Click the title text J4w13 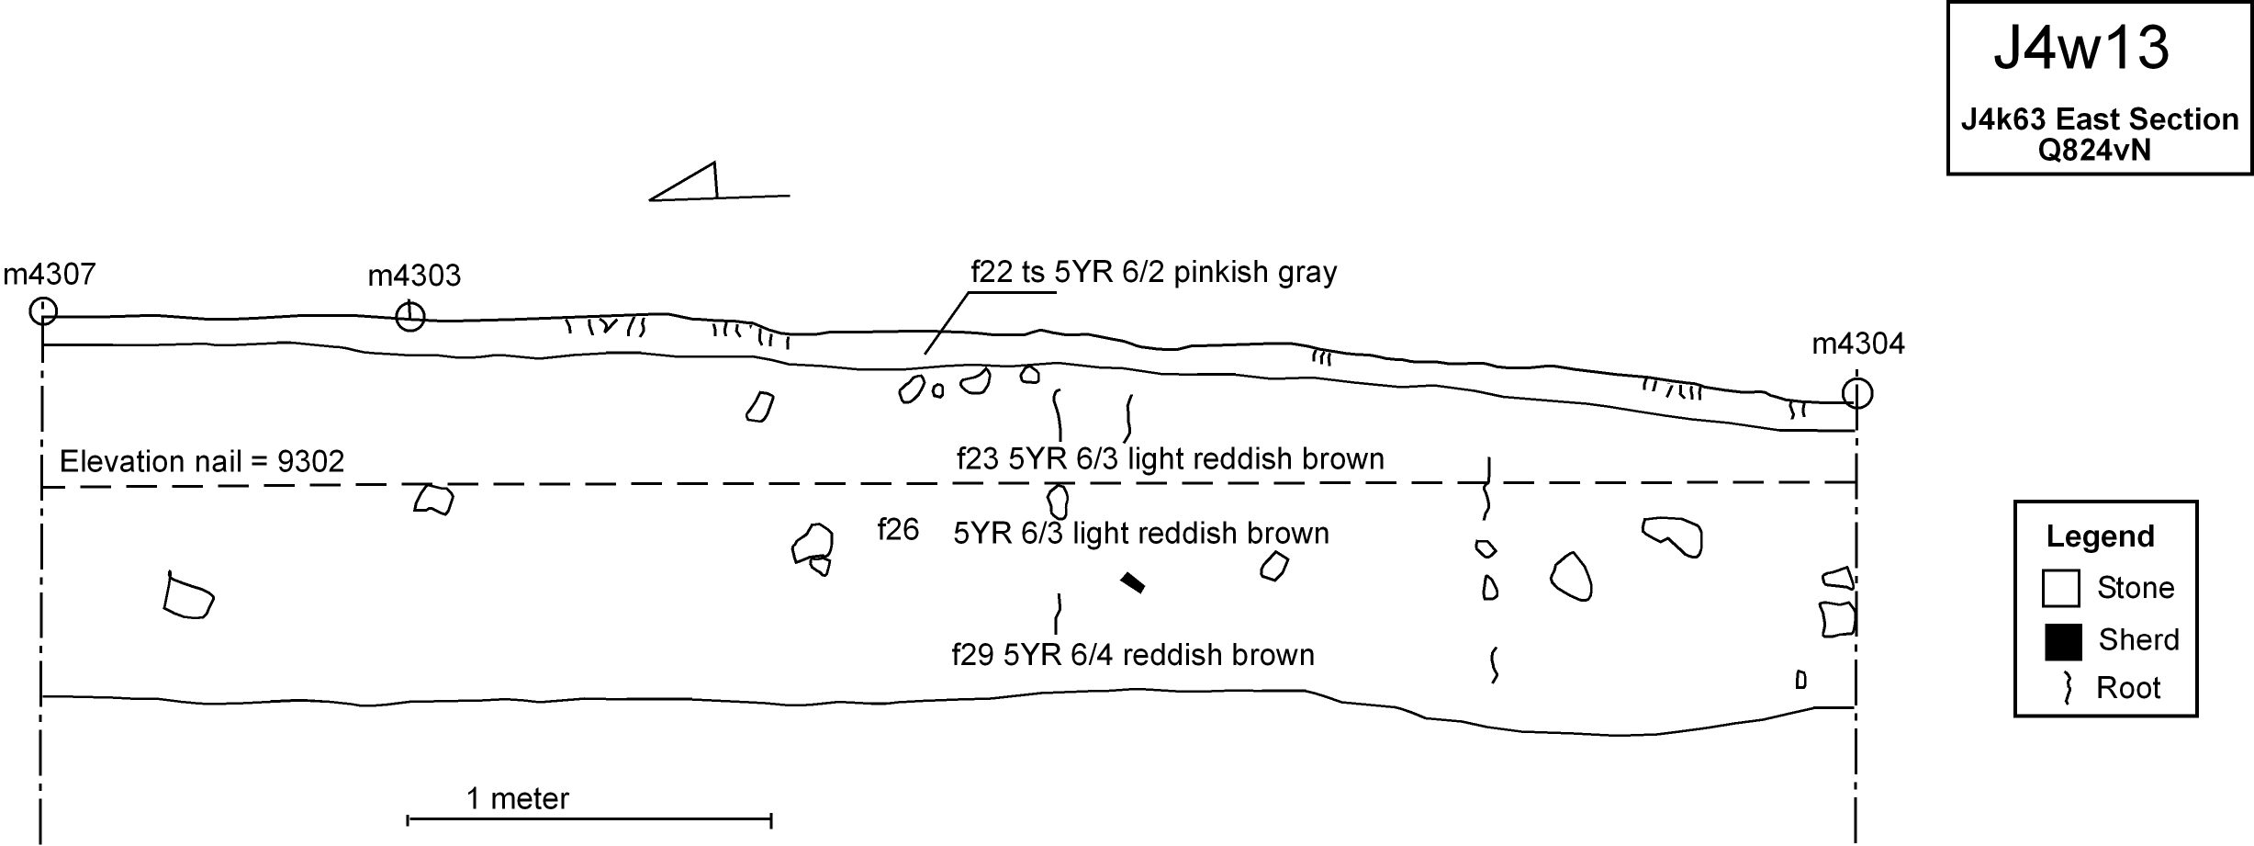[2080, 49]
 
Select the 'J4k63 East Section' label [2100, 119]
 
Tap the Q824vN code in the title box [2094, 150]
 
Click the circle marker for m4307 [43, 311]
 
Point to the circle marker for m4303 [409, 317]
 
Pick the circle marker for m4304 [1856, 393]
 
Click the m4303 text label [414, 276]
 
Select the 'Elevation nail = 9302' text [202, 461]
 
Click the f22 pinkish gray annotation [1153, 272]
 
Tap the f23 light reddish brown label [1170, 458]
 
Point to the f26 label [898, 530]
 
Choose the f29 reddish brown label [1132, 655]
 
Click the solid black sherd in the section [1133, 582]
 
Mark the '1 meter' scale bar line [589, 818]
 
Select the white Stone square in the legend [2060, 589]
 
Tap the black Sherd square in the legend [2062, 641]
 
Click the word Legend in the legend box [2100, 536]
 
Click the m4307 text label [50, 274]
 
